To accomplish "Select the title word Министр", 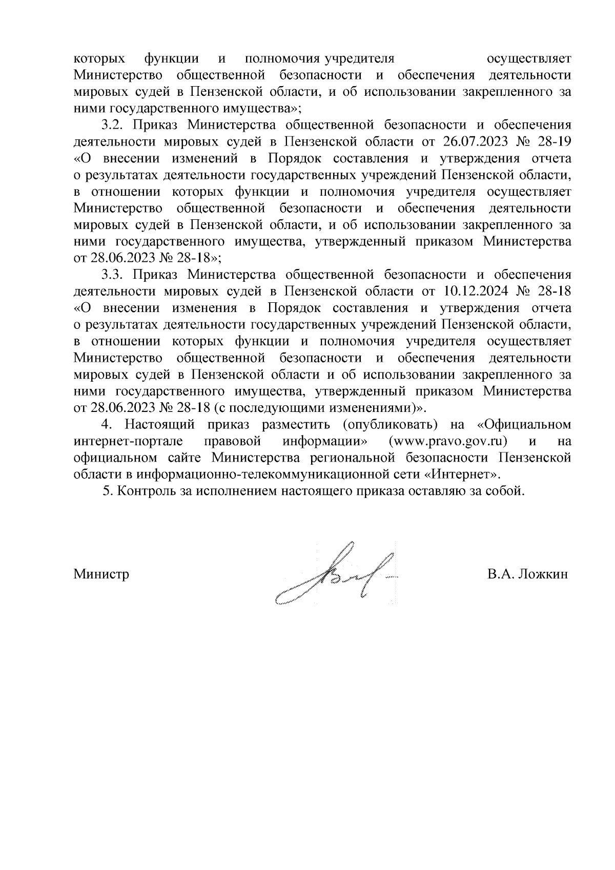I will [x=101, y=574].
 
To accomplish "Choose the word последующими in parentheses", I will [x=276, y=408].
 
